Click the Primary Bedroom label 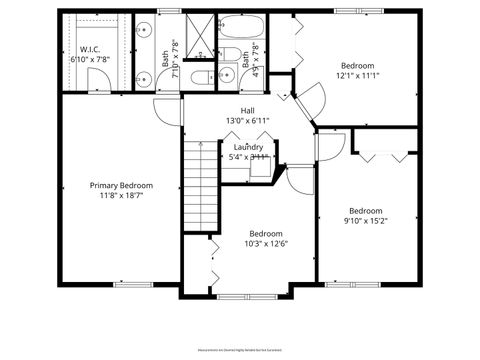tap(121, 185)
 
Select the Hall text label tap(247, 111)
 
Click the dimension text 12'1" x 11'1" tap(357, 73)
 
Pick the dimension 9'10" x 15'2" tap(365, 221)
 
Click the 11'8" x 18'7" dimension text tap(121, 196)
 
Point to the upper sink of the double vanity tap(144, 29)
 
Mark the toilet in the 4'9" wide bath tap(231, 54)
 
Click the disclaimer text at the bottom tap(240, 350)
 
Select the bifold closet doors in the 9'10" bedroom tap(384, 155)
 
